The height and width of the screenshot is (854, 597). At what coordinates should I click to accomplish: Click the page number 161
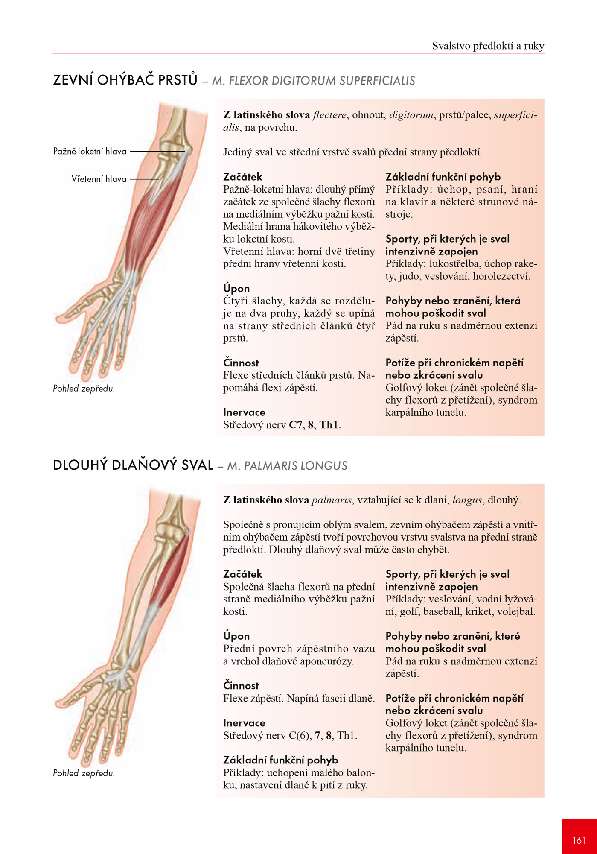pos(579,840)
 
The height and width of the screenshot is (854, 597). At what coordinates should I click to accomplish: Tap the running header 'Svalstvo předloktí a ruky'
pos(488,46)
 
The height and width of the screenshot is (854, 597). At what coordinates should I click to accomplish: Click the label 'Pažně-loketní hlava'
pos(90,151)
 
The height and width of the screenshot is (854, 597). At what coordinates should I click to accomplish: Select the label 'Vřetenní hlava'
pos(99,179)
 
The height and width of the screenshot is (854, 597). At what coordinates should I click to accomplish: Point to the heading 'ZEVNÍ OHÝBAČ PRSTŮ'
pos(125,80)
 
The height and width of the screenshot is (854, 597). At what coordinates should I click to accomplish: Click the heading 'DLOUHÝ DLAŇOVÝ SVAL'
pos(133,465)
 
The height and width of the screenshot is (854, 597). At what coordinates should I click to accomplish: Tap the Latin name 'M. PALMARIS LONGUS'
pos(287,466)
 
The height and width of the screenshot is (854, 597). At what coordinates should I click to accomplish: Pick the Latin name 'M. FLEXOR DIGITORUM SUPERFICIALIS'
pos(314,81)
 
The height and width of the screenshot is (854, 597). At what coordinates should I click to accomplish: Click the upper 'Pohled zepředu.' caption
pos(84,389)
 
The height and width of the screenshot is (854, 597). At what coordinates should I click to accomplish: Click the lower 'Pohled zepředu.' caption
pos(84,773)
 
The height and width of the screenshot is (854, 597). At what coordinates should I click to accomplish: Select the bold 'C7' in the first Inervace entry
pos(296,425)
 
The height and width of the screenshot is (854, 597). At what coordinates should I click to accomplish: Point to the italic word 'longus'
pos(467,500)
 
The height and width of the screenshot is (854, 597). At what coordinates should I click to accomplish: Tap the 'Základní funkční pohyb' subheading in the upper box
pos(443,177)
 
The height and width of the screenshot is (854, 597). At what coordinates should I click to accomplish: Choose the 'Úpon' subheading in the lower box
pos(236,636)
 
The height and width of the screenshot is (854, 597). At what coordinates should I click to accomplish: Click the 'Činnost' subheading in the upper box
pos(241,363)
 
